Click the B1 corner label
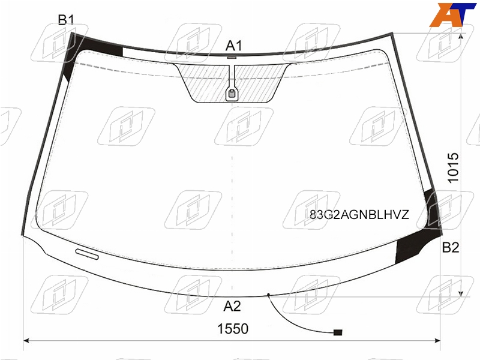[x=66, y=20]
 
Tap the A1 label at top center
[x=234, y=46]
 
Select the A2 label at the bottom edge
[x=232, y=306]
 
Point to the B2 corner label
[x=451, y=247]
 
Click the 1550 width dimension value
[x=233, y=329]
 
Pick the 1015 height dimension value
[x=454, y=168]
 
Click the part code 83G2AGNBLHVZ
[x=359, y=215]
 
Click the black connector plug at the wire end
[x=338, y=332]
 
